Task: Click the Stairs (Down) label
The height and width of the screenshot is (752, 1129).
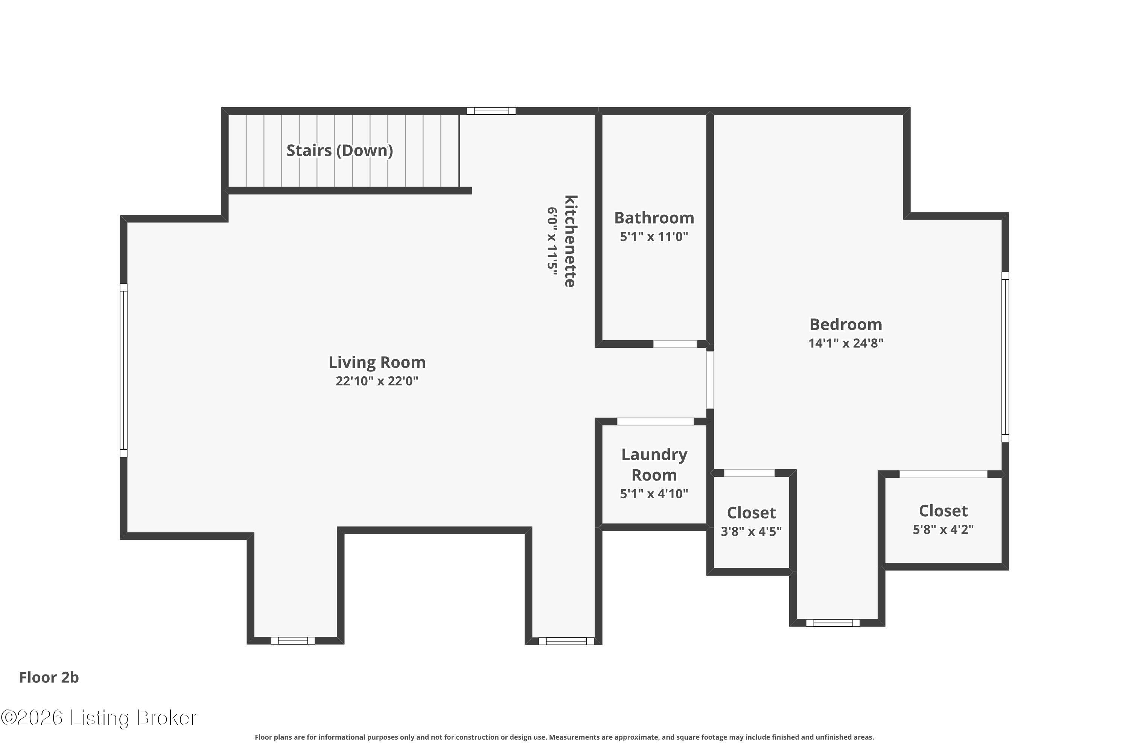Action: coord(339,151)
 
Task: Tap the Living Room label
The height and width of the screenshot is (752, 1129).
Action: coord(377,362)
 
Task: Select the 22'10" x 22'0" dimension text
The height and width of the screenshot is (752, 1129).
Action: coord(377,381)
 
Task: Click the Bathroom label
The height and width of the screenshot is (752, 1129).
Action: coord(654,218)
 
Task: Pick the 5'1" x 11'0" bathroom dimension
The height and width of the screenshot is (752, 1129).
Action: coord(654,237)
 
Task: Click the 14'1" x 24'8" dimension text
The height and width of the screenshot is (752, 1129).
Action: coord(846,343)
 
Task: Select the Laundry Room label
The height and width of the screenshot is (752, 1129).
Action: coord(654,465)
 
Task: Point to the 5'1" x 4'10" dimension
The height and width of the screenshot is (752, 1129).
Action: coord(654,494)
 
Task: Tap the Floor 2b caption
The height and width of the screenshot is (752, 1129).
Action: coord(49,677)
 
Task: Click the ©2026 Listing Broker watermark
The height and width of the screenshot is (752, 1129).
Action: coord(99,718)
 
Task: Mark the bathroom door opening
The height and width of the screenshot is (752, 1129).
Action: coord(675,344)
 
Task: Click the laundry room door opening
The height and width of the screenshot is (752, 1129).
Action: coord(655,421)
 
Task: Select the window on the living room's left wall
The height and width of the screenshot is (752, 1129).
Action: coord(123,370)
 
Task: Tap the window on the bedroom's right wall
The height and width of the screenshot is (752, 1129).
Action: coord(1005,357)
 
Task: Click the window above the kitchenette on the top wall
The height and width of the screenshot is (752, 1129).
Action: coord(491,111)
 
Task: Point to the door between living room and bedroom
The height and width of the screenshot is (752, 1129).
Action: coord(709,380)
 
